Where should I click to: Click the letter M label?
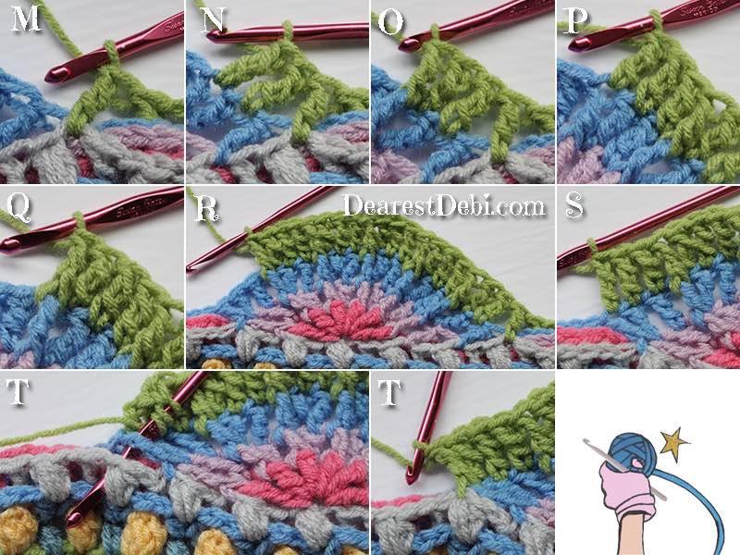25,18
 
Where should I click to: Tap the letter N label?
214,19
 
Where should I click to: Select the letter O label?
390,22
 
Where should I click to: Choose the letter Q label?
18,208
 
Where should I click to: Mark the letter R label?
205,209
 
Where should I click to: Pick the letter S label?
573,205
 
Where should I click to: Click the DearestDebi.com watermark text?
444,205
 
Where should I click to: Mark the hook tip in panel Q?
6,243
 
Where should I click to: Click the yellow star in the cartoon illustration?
673,440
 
